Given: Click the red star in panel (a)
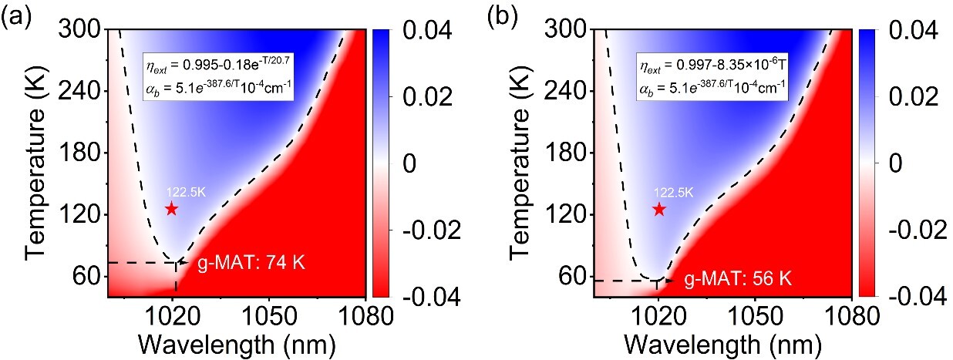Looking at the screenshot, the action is click(x=171, y=209).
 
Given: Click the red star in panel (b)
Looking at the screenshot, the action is click(x=659, y=210).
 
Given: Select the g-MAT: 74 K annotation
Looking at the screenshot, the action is click(x=251, y=263).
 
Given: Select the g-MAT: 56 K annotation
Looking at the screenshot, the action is click(x=738, y=279).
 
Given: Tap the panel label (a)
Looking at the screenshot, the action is click(x=16, y=17).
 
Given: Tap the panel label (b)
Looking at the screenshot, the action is click(x=503, y=17).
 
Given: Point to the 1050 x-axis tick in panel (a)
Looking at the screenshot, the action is click(x=269, y=316).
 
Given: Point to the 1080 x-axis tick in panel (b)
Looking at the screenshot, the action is click(x=852, y=316).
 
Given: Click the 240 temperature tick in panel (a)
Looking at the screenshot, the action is click(x=79, y=91).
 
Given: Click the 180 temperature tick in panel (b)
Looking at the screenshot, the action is click(x=565, y=153).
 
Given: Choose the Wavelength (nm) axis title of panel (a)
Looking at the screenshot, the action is click(x=237, y=345).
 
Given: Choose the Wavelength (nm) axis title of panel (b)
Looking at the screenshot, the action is click(x=722, y=345).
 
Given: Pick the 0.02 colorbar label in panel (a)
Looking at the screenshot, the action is click(x=428, y=97).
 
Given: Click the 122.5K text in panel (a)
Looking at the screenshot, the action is click(x=186, y=193).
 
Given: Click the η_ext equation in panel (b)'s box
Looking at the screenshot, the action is click(x=712, y=66).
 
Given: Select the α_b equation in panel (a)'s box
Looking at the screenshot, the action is click(x=218, y=89).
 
